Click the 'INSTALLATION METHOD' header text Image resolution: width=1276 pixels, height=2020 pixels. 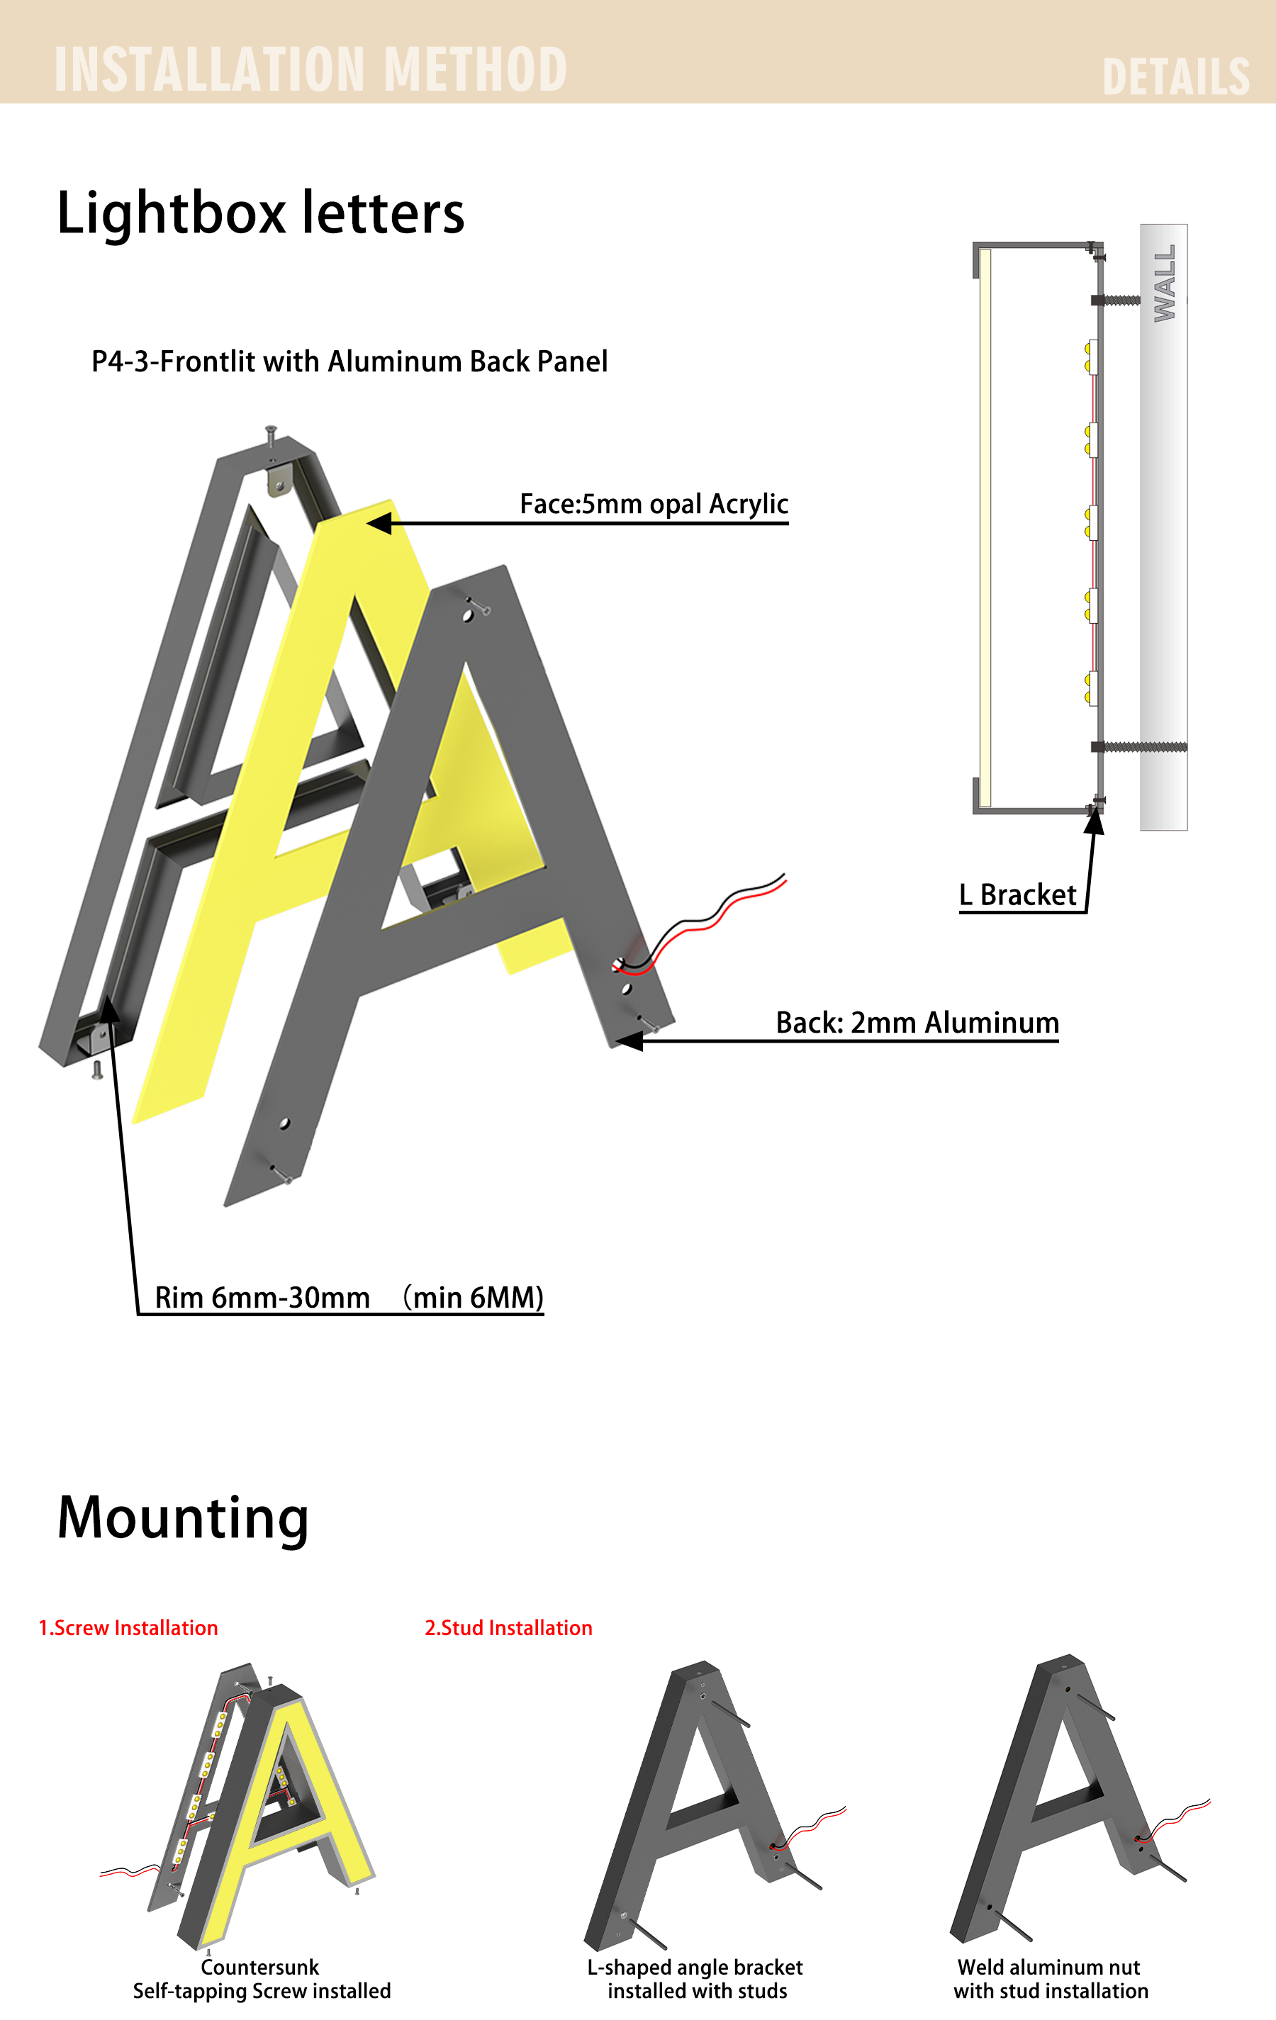(310, 69)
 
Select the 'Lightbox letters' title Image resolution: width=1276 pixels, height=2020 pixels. (260, 212)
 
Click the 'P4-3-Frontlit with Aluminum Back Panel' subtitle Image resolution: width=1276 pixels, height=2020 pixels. (349, 361)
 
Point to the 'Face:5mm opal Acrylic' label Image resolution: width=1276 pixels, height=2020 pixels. (654, 504)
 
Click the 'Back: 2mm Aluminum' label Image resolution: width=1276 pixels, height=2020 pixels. (917, 1023)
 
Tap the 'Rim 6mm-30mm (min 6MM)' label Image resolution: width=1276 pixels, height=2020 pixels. (349, 1297)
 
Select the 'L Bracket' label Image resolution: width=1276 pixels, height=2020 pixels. (1018, 895)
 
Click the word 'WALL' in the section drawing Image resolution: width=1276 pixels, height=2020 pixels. (1165, 283)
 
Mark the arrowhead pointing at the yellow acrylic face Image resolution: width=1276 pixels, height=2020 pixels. (379, 524)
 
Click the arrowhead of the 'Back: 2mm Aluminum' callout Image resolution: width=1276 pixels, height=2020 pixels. (628, 1041)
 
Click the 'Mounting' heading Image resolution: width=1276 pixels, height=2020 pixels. (183, 1518)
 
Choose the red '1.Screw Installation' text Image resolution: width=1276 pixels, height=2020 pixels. (128, 1628)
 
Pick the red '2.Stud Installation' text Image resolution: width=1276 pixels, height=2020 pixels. (508, 1628)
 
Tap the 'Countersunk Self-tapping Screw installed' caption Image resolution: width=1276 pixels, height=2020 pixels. (261, 1979)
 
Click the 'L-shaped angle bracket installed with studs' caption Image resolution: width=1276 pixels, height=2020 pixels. (695, 1979)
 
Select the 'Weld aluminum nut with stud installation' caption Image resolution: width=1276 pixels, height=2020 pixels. (1051, 1979)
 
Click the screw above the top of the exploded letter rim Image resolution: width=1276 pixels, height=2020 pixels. (270, 436)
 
